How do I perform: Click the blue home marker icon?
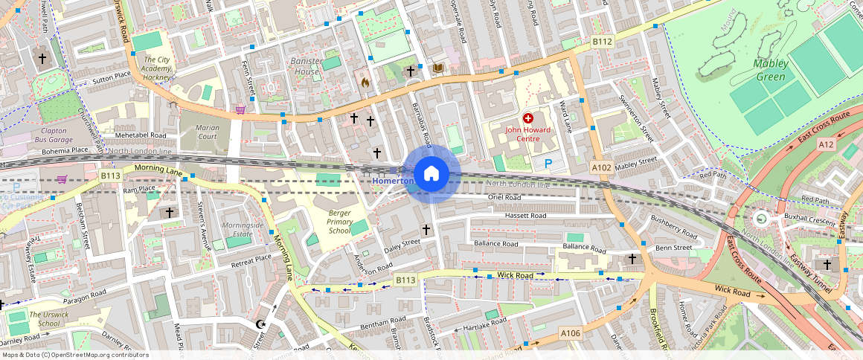tap(430, 174)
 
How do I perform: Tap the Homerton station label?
tap(392, 181)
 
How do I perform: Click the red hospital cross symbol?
tap(528, 118)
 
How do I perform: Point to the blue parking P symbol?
tap(549, 163)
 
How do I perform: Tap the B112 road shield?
tap(602, 42)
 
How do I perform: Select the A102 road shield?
tap(600, 168)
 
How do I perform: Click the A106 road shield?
tap(570, 332)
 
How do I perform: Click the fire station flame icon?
tap(365, 83)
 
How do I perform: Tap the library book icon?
tap(437, 68)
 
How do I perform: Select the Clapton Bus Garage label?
tap(53, 135)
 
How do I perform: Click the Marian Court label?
tap(207, 132)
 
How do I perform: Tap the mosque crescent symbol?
tap(260, 324)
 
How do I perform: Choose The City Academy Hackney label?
tap(157, 68)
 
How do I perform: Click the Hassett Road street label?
tap(525, 216)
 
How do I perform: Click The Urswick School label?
tap(44, 318)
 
